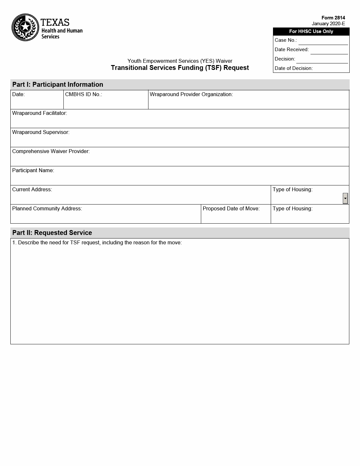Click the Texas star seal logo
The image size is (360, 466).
(x=25, y=27)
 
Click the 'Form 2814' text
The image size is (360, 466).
(x=333, y=18)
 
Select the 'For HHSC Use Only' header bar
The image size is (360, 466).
(x=311, y=31)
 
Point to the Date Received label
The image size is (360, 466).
(x=292, y=50)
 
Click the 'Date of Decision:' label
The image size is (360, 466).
(x=294, y=68)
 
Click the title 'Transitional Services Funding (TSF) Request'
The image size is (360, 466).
(x=180, y=68)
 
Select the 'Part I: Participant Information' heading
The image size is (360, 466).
(x=58, y=84)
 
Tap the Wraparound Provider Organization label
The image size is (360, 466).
(x=191, y=94)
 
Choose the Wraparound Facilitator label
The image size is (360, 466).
(x=39, y=113)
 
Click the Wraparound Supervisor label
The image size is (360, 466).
(x=41, y=132)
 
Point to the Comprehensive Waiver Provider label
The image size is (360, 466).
(x=51, y=151)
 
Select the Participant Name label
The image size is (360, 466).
(x=33, y=171)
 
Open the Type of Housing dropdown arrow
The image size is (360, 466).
(x=345, y=198)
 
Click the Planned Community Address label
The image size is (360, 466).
(x=47, y=209)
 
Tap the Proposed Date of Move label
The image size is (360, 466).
(x=231, y=209)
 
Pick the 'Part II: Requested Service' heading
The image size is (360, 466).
(x=52, y=233)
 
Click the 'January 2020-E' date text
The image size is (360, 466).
(x=328, y=24)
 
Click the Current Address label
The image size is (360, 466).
(x=32, y=190)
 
